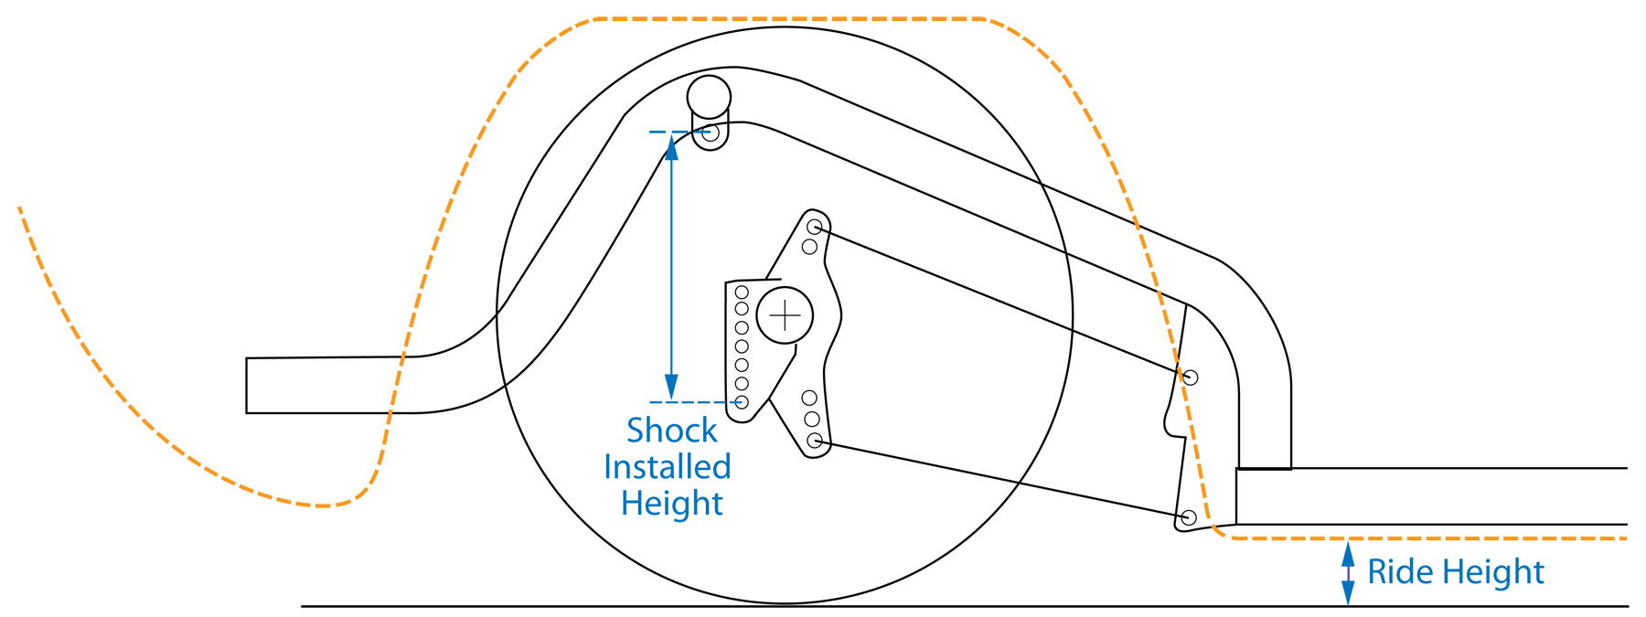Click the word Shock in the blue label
tap(672, 430)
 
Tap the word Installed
tap(668, 467)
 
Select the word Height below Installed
tap(672, 504)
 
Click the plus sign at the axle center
tap(785, 316)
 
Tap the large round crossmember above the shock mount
tap(709, 96)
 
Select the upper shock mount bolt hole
tap(711, 133)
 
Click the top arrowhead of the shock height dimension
tap(672, 146)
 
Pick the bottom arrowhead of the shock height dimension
tap(672, 388)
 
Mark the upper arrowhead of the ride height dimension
tap(1348, 553)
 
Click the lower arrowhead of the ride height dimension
tap(1348, 593)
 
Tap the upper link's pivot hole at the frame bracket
tap(1190, 377)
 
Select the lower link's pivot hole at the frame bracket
tap(1188, 518)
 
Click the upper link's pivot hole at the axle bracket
tap(815, 227)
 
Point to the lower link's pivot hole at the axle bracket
tap(815, 441)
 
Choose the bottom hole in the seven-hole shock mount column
tap(742, 402)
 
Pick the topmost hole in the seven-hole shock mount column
tap(742, 293)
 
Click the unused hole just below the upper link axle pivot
tap(809, 247)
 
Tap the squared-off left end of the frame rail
tap(247, 386)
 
